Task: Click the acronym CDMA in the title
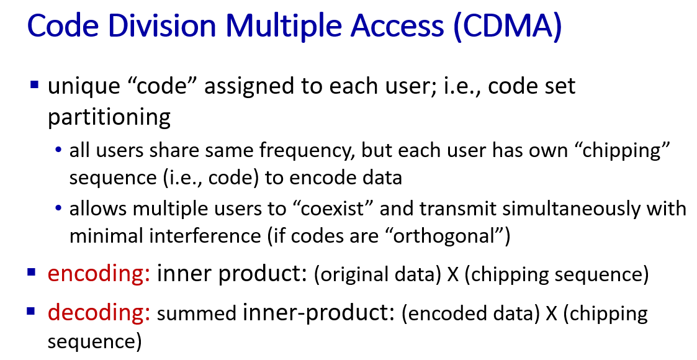coord(507,25)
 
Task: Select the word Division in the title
coord(162,25)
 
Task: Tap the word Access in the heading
coord(397,25)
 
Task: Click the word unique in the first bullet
coord(84,87)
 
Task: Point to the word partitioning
coord(109,118)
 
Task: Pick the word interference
coord(205,236)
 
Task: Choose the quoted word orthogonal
coord(445,236)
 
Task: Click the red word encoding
coord(99,273)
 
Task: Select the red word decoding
coord(99,312)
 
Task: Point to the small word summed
coord(197,314)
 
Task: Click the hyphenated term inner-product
coord(318,312)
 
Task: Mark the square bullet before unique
coord(34,84)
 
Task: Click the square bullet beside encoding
coord(31,272)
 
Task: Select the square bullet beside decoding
coord(31,311)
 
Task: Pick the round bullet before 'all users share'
coord(58,150)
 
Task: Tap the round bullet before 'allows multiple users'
coord(58,208)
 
